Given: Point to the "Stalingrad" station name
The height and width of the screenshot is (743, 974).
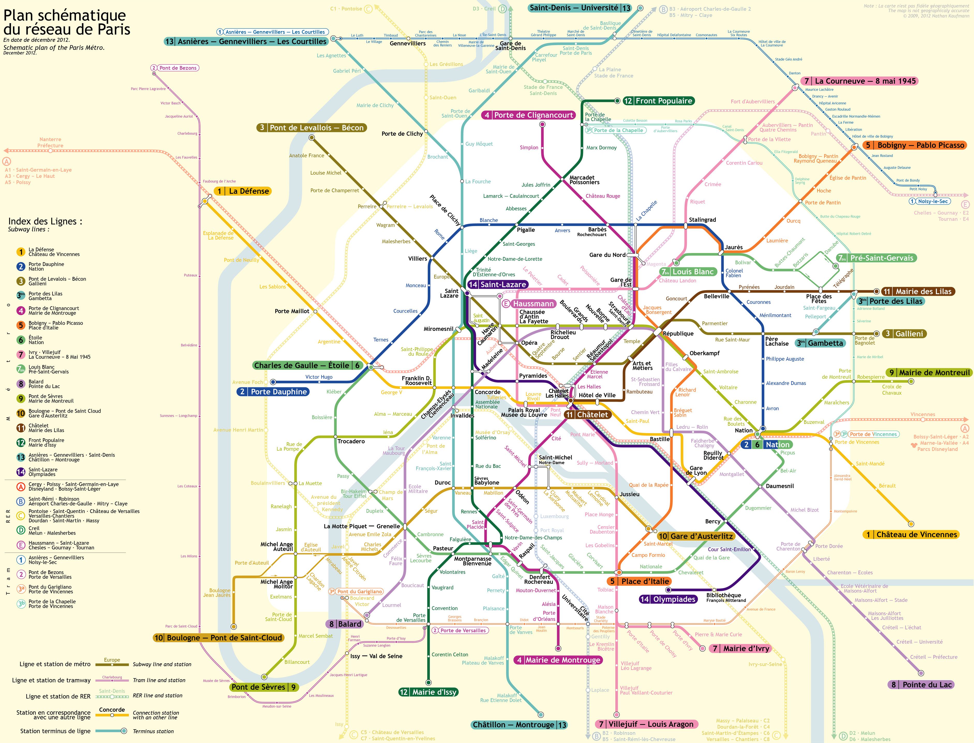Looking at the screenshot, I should (x=702, y=220).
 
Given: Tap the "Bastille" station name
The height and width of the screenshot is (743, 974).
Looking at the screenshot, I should (x=660, y=439).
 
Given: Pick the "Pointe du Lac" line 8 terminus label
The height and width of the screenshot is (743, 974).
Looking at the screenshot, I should (x=921, y=685).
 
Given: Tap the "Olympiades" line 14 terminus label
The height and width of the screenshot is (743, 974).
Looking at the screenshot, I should (x=668, y=599).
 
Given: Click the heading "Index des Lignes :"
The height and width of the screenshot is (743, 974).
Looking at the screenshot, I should (x=45, y=221).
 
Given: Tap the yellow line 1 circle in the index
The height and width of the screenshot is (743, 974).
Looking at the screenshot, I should (x=21, y=252).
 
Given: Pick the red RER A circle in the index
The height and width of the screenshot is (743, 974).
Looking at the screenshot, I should (x=21, y=486).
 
